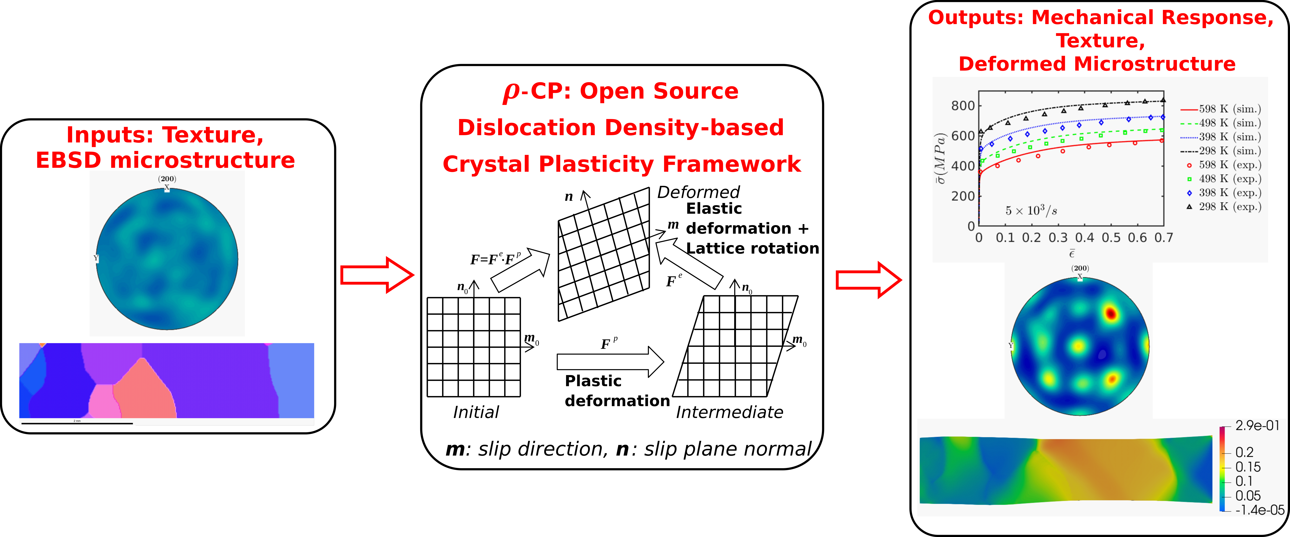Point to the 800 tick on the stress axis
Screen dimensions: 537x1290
pyautogui.click(x=962, y=106)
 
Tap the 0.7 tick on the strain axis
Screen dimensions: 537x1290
pyautogui.click(x=1163, y=238)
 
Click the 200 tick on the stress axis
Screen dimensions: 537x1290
pyautogui.click(x=962, y=196)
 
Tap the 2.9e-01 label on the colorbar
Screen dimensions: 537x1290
pyautogui.click(x=1257, y=426)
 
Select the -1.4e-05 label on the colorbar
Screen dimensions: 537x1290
pyautogui.click(x=1259, y=510)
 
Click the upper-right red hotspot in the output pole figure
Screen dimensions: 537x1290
pyautogui.click(x=1111, y=314)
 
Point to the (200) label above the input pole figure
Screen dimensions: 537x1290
pyautogui.click(x=167, y=179)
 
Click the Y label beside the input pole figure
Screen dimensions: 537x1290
pyautogui.click(x=96, y=258)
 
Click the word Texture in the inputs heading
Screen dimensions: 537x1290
pyautogui.click(x=213, y=135)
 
